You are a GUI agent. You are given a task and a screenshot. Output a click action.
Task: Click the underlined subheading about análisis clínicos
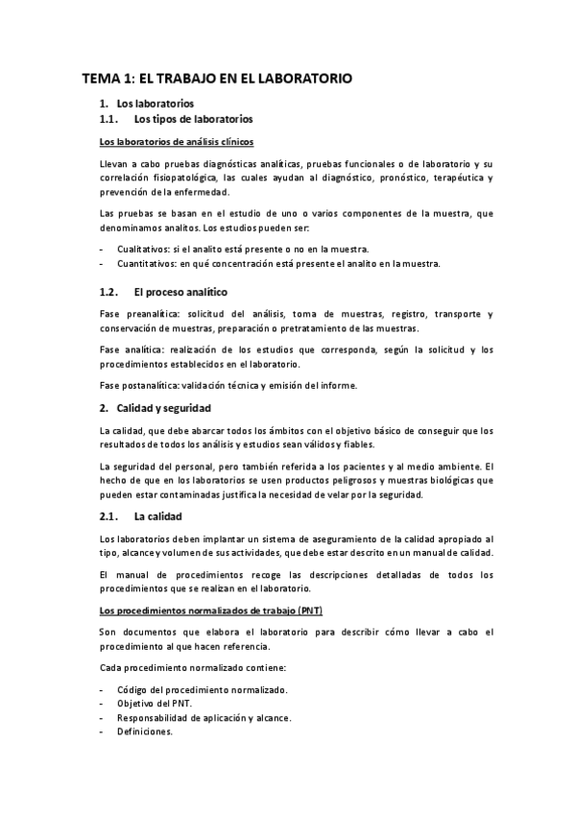pyautogui.click(x=170, y=142)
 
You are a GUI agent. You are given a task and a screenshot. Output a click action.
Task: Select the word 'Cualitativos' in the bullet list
pyautogui.click(x=143, y=248)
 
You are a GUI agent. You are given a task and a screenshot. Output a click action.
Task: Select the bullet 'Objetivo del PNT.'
pyautogui.click(x=155, y=704)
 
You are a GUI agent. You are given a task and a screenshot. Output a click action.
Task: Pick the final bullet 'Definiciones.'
pyautogui.click(x=144, y=731)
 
